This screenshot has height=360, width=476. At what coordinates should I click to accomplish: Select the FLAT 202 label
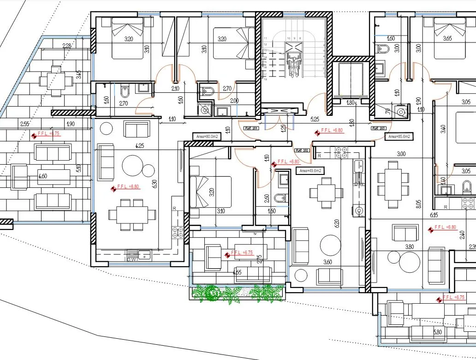pyautogui.click(x=302, y=150)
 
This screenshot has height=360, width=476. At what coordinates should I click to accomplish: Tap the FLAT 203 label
pyautogui.click(x=379, y=129)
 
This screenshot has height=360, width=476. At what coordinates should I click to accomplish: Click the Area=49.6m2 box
pyautogui.click(x=309, y=170)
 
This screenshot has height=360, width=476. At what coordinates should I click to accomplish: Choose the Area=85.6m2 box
pyautogui.click(x=399, y=137)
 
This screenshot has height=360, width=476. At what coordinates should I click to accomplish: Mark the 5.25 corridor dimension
pyautogui.click(x=315, y=119)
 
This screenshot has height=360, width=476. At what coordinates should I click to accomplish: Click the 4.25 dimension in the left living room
pyautogui.click(x=138, y=146)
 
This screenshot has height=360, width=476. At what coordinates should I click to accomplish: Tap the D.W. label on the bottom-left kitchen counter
pyautogui.click(x=131, y=259)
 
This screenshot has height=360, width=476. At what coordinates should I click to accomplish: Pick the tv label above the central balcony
pyautogui.click(x=254, y=234)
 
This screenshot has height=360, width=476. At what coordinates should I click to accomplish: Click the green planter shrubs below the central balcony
pyautogui.click(x=237, y=293)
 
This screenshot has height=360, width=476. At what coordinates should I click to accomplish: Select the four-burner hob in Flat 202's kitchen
pyautogui.click(x=342, y=152)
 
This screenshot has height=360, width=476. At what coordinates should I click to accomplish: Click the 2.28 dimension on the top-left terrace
pyautogui.click(x=66, y=45)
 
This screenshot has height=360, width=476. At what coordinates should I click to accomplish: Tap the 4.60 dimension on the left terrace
pyautogui.click(x=43, y=176)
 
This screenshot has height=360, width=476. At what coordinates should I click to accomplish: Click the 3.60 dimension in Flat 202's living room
pyautogui.click(x=328, y=262)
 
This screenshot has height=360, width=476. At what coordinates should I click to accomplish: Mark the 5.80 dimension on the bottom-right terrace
pyautogui.click(x=437, y=331)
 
